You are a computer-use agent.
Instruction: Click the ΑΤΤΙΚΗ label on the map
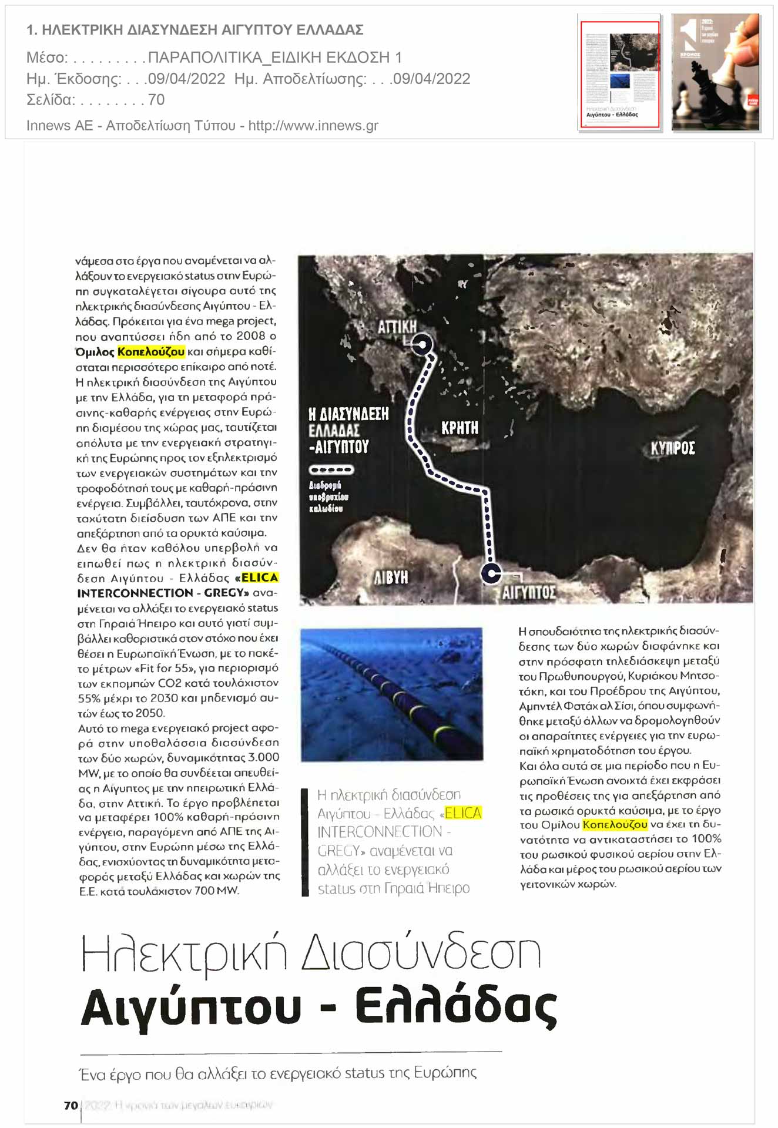click(x=397, y=327)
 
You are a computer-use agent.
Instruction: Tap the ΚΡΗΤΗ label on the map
click(x=460, y=428)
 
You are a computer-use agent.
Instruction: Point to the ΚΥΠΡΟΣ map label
click(x=672, y=449)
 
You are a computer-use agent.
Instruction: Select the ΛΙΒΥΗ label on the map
click(x=391, y=578)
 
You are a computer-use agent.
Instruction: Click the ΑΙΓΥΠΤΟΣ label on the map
click(x=528, y=592)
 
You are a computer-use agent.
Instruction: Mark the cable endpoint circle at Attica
click(x=422, y=344)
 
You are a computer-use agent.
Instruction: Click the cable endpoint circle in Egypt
click(x=491, y=573)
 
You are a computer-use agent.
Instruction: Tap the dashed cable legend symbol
click(x=331, y=470)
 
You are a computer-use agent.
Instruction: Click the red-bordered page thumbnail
click(x=619, y=74)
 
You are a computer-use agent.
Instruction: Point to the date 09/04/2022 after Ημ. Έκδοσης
click(x=186, y=79)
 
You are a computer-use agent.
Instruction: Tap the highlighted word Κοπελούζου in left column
click(x=151, y=352)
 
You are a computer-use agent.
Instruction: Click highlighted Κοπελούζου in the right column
click(x=615, y=825)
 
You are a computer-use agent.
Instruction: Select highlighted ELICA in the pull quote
click(x=463, y=813)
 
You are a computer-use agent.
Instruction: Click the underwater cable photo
click(x=391, y=694)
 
